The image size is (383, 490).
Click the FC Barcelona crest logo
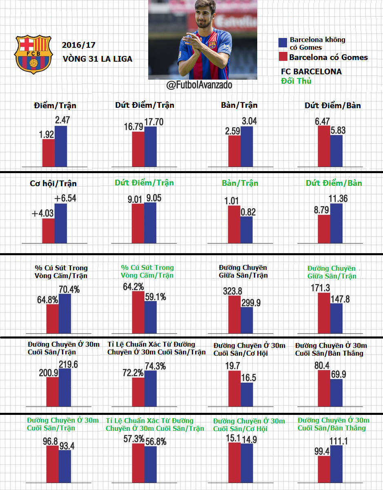pos(34,54)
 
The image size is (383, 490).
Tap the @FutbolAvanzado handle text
pos(199,85)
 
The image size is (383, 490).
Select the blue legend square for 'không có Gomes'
pos(283,43)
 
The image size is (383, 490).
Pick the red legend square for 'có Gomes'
pos(283,57)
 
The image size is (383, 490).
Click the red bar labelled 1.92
pos(48,153)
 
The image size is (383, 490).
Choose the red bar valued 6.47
pos(324,146)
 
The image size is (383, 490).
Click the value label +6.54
pos(65,198)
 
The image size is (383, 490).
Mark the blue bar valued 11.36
pos(336,223)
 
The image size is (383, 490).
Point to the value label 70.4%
pos(69,290)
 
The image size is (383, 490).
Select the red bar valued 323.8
pos(234,314)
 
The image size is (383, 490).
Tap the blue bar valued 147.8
pos(336,318)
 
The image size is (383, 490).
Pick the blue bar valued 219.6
pos(65,388)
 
